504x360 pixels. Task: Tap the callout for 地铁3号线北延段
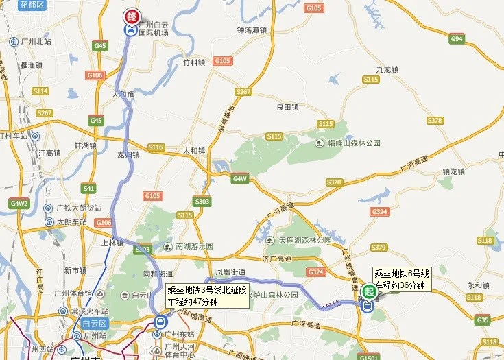point(206,296)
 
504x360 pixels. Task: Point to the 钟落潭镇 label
point(250,30)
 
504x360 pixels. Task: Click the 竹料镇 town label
point(194,61)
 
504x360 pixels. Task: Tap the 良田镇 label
point(287,107)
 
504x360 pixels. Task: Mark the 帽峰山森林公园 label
point(350,143)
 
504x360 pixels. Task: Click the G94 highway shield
point(457,39)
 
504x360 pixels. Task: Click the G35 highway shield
point(483,320)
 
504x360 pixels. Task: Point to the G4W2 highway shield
point(19,203)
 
